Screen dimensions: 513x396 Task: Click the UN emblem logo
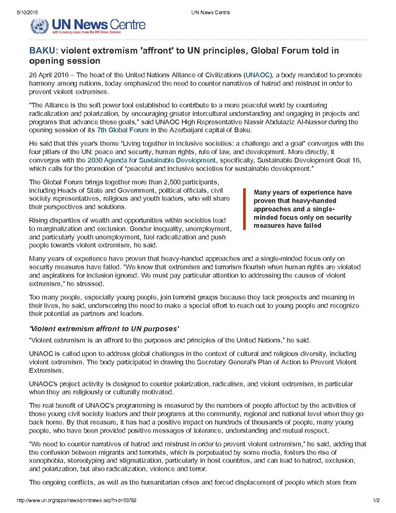pos(39,26)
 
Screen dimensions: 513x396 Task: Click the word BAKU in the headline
pos(44,51)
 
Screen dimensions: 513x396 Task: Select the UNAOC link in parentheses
pos(258,75)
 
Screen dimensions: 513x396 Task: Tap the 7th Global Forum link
pos(123,130)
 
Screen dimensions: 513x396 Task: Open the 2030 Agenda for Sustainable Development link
pos(152,160)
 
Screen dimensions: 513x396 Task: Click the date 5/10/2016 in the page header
pos(27,12)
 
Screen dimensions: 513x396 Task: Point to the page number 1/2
pos(376,500)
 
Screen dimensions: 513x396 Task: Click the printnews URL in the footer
pos(76,500)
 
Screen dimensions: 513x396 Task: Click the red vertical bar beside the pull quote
pos(245,209)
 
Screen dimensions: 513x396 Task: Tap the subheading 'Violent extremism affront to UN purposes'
pos(104,329)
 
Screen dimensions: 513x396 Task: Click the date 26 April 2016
pos(49,75)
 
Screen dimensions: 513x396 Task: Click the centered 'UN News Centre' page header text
pos(211,12)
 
